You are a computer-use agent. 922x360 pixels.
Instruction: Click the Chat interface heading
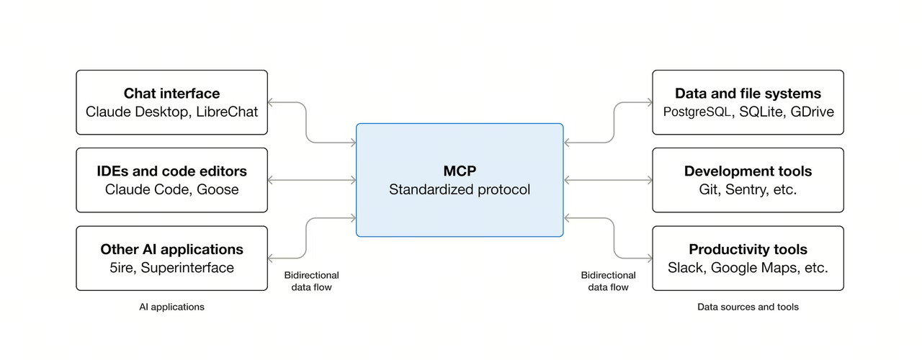pyautogui.click(x=171, y=94)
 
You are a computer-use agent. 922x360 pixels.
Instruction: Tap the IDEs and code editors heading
pyautogui.click(x=171, y=171)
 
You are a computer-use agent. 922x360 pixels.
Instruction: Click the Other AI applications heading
pyautogui.click(x=171, y=250)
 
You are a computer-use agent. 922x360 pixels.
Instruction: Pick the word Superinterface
pyautogui.click(x=189, y=268)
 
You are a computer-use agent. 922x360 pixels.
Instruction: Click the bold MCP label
pyautogui.click(x=460, y=171)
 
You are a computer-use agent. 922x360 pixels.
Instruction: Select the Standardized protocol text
pyautogui.click(x=460, y=189)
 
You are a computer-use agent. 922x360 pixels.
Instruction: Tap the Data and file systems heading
pyautogui.click(x=748, y=94)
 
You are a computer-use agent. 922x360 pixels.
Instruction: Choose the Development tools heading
pyautogui.click(x=748, y=171)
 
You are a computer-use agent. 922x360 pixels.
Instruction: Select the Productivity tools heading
pyautogui.click(x=748, y=250)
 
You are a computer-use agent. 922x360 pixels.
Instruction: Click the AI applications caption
pyautogui.click(x=171, y=307)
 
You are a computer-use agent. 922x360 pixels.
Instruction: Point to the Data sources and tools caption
pyautogui.click(x=748, y=307)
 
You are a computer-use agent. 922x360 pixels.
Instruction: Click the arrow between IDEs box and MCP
pyautogui.click(x=312, y=179)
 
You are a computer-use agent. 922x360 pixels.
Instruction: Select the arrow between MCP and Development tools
pyautogui.click(x=608, y=179)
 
